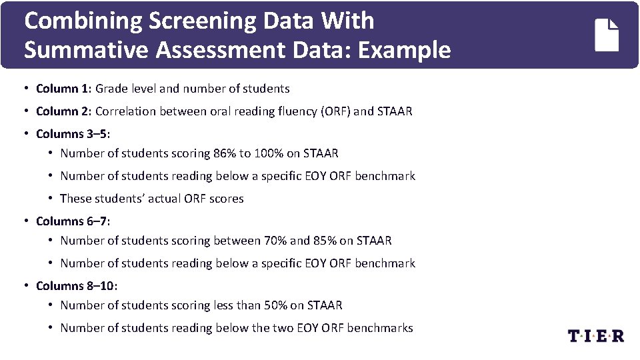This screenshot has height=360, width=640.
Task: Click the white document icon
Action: (607, 35)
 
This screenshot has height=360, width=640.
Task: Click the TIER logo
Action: (595, 335)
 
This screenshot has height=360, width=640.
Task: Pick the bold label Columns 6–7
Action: (72, 221)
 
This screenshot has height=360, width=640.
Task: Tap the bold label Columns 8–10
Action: (76, 285)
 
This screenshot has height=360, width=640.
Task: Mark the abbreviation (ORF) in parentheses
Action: (335, 111)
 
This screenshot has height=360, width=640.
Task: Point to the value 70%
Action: (275, 240)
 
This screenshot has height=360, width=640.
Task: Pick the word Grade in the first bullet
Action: (111, 89)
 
